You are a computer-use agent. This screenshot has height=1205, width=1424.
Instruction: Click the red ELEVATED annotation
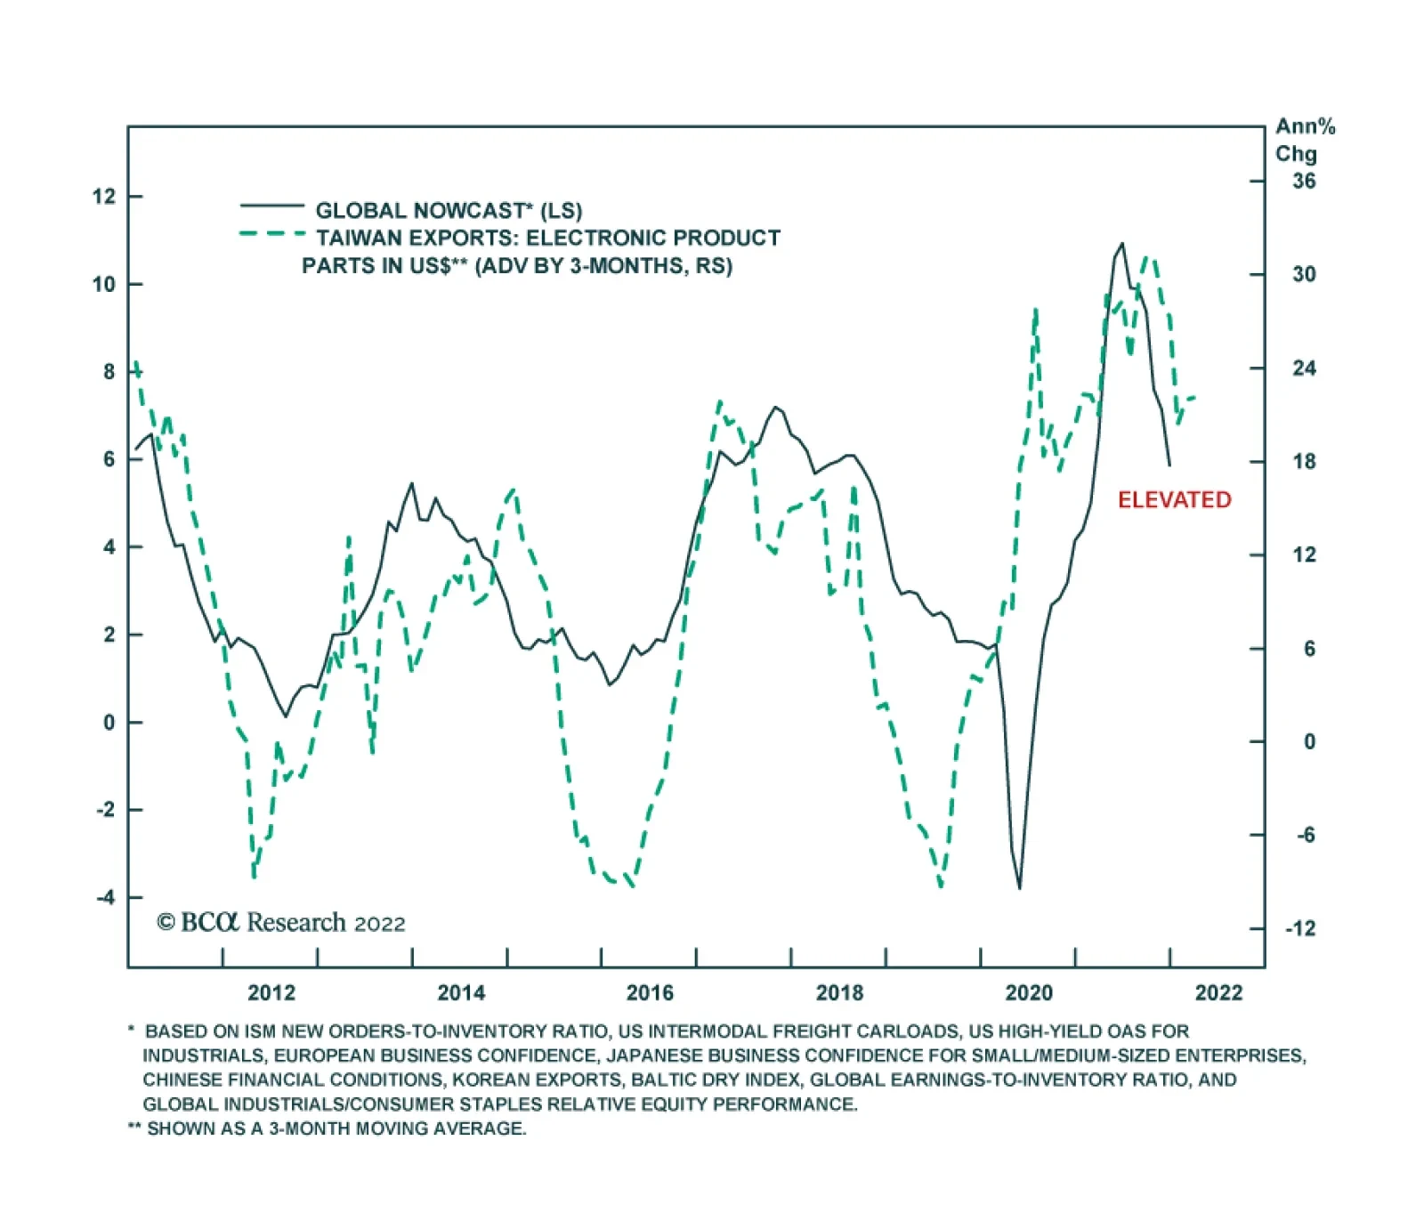pyautogui.click(x=1174, y=500)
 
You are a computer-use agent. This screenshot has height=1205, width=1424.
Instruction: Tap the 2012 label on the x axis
pyautogui.click(x=271, y=993)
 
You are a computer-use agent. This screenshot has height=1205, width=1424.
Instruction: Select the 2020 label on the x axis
pyautogui.click(x=1029, y=993)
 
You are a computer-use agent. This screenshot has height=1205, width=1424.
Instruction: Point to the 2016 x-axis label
pyautogui.click(x=650, y=993)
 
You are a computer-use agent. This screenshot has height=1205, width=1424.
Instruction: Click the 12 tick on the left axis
pyautogui.click(x=104, y=197)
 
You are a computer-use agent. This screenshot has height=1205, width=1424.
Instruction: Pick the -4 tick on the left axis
pyautogui.click(x=106, y=897)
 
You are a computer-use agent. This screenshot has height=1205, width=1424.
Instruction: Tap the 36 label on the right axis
pyautogui.click(x=1304, y=182)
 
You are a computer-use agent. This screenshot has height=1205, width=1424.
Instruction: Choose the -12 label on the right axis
pyautogui.click(x=1299, y=929)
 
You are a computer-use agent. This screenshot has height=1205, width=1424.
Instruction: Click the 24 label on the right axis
pyautogui.click(x=1304, y=368)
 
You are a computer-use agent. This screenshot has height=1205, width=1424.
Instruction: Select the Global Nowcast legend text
pyautogui.click(x=449, y=211)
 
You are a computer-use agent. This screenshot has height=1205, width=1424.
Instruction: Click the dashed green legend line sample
pyautogui.click(x=271, y=234)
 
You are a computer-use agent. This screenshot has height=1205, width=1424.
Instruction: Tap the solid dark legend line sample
pyautogui.click(x=271, y=206)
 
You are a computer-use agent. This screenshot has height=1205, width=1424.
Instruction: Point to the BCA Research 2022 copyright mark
pyautogui.click(x=281, y=923)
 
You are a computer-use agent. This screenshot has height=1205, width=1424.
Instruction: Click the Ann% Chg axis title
pyautogui.click(x=1304, y=140)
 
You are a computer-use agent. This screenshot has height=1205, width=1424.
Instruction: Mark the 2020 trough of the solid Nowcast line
pyautogui.click(x=1019, y=887)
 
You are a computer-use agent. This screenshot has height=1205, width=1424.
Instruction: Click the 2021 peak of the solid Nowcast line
pyautogui.click(x=1121, y=244)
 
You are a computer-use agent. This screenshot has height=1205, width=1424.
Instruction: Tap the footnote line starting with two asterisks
pyautogui.click(x=328, y=1128)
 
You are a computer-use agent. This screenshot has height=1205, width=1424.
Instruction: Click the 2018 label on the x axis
pyautogui.click(x=839, y=993)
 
